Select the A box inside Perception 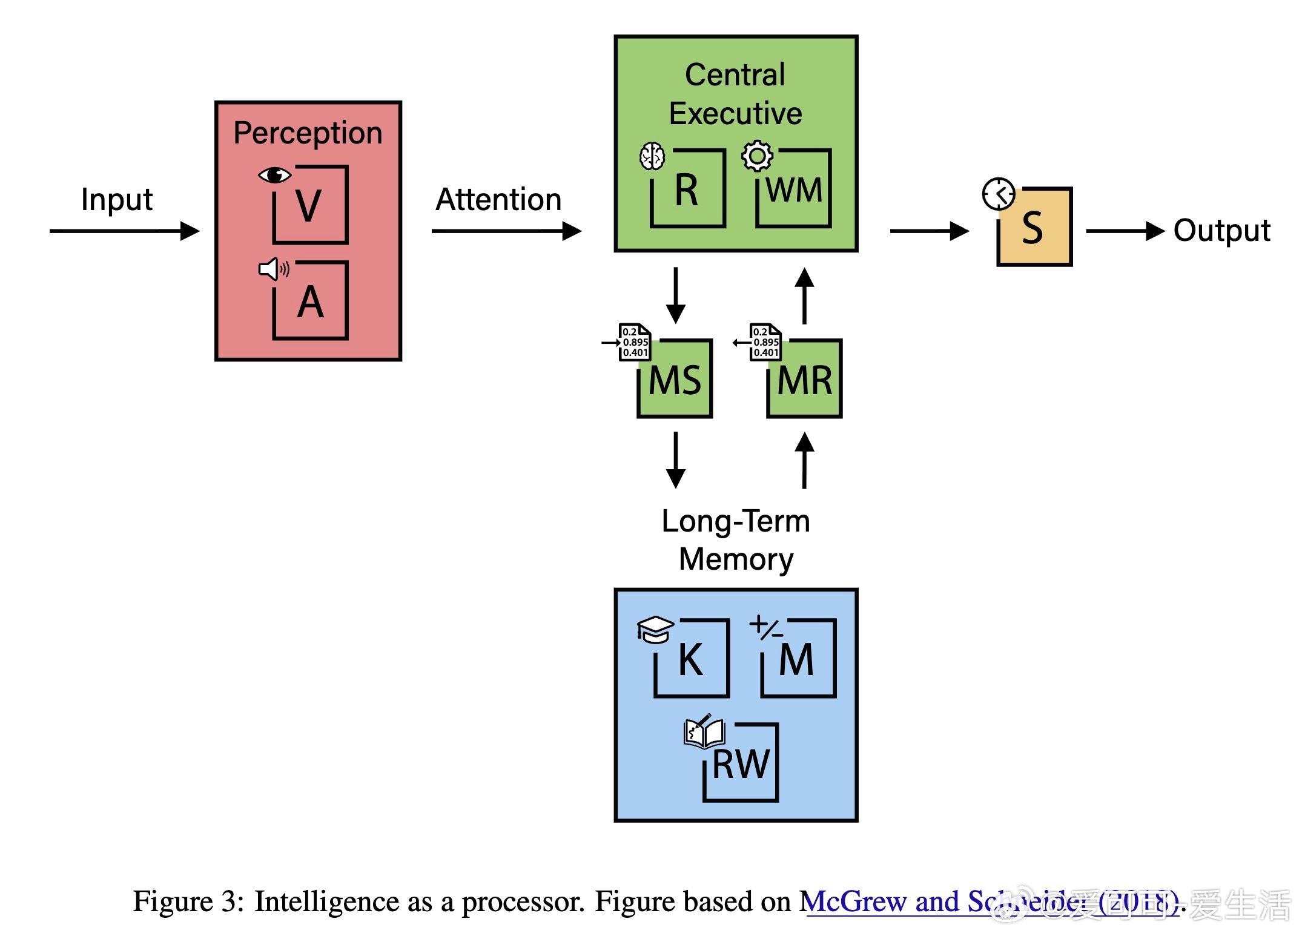pyautogui.click(x=310, y=301)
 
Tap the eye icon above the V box pyautogui.click(x=274, y=175)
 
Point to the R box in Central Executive pyautogui.click(x=688, y=189)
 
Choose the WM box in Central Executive pyautogui.click(x=794, y=189)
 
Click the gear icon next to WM pyautogui.click(x=757, y=156)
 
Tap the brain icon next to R pyautogui.click(x=652, y=156)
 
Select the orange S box pyautogui.click(x=1034, y=228)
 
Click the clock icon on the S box pyautogui.click(x=998, y=194)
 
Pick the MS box pyautogui.click(x=675, y=379)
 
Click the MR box pyautogui.click(x=805, y=379)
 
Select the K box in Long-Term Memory pyautogui.click(x=692, y=659)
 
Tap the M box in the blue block pyautogui.click(x=798, y=659)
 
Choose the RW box pyautogui.click(x=741, y=763)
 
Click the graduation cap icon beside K pyautogui.click(x=655, y=629)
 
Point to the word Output pyautogui.click(x=1221, y=231)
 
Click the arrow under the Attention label pyautogui.click(x=506, y=231)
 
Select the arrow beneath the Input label pyautogui.click(x=124, y=231)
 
